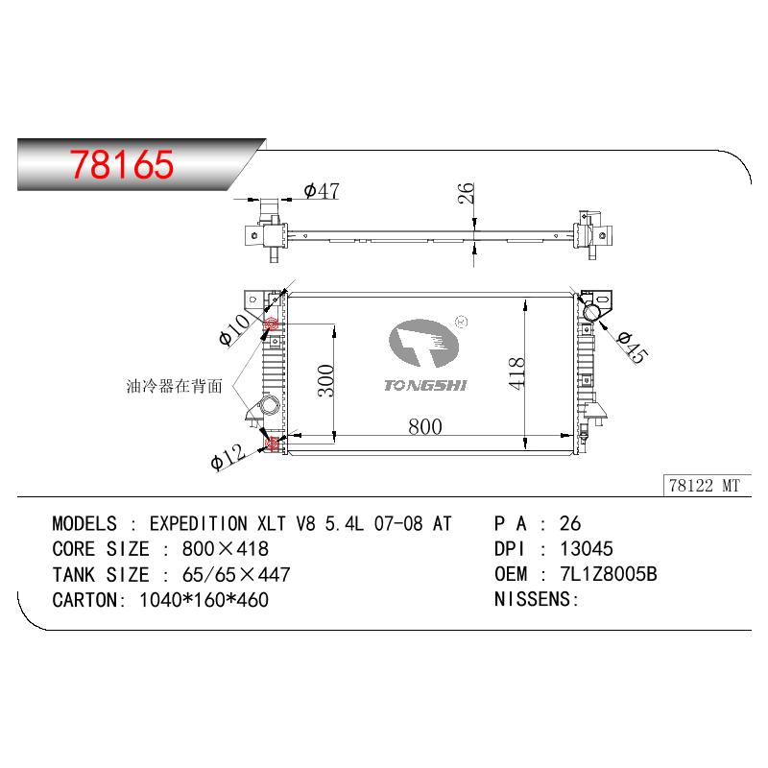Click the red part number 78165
coord(122,164)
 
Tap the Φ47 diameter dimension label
coord(322,190)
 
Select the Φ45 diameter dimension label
coord(633,348)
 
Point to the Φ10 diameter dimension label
coord(235,329)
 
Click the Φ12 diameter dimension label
coord(228,457)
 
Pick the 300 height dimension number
coord(325,380)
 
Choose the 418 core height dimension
coord(516,373)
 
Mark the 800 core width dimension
coord(425,427)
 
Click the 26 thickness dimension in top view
coord(467,193)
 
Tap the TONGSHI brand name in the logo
coord(425,386)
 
